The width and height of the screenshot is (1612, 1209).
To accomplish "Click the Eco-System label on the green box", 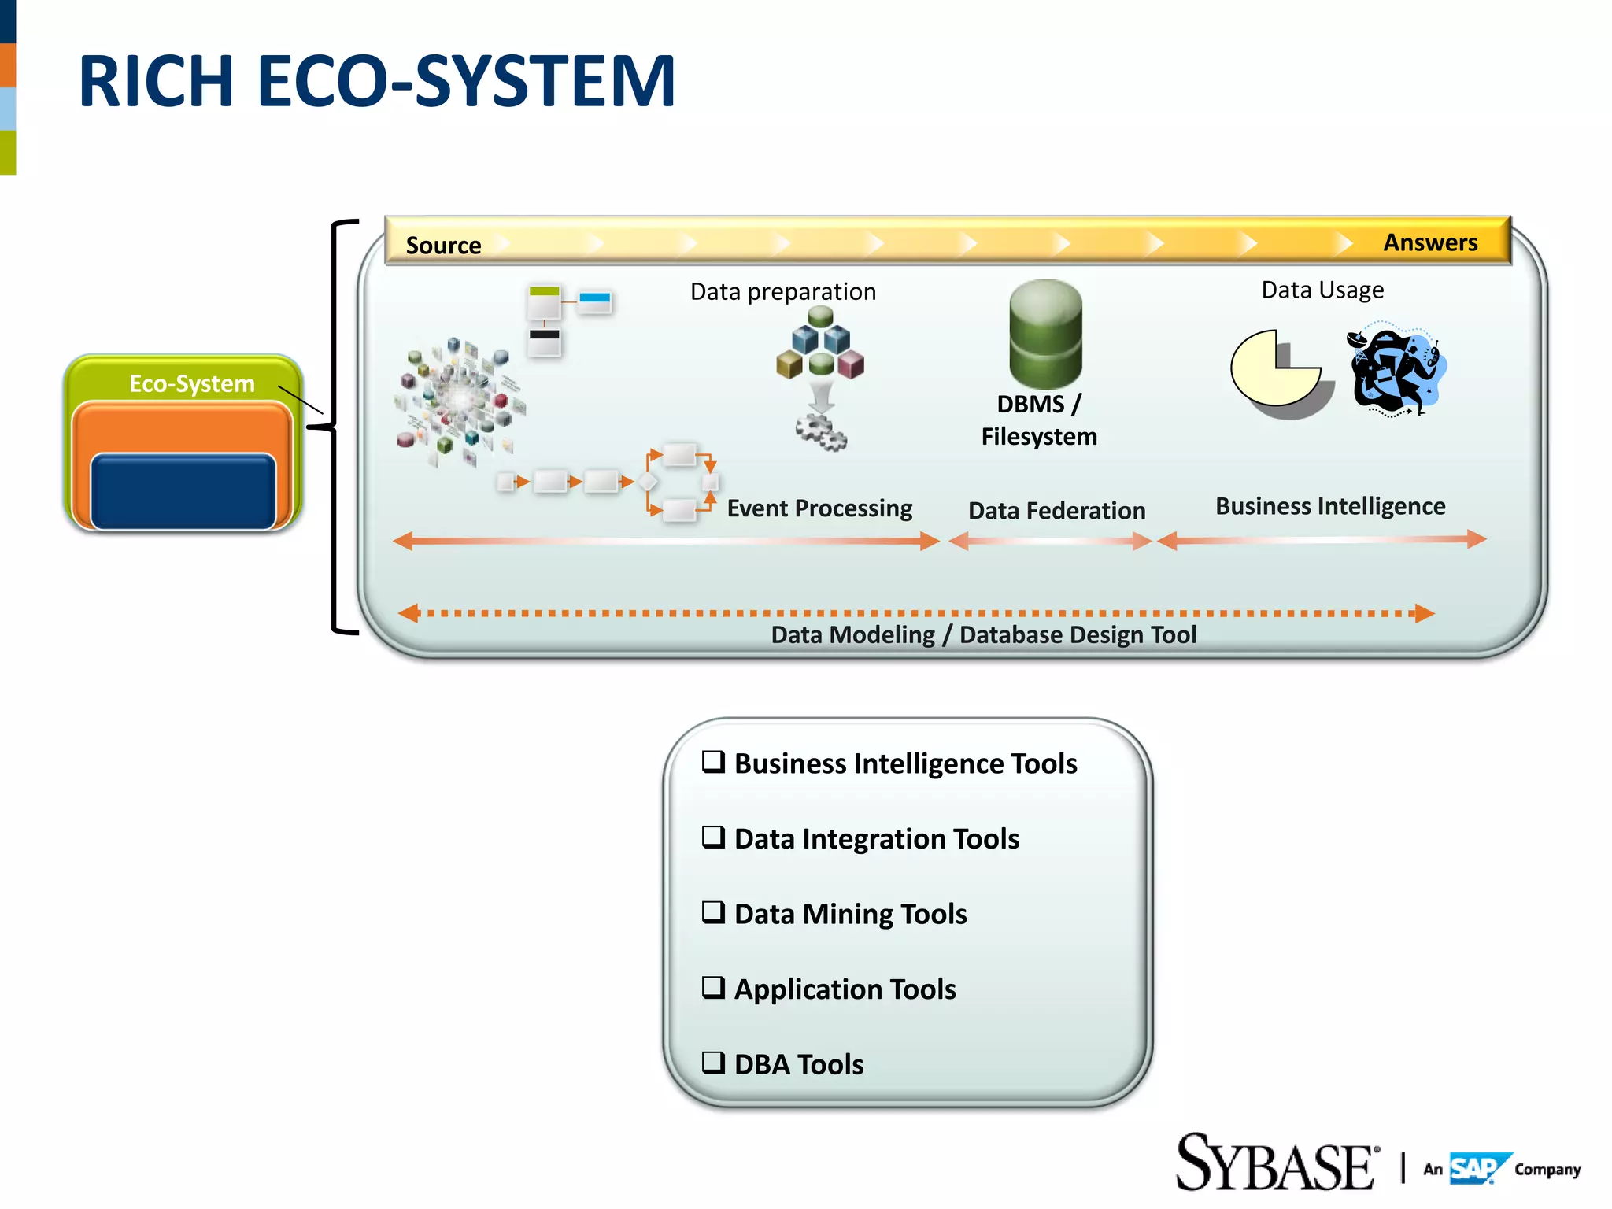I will pos(191,383).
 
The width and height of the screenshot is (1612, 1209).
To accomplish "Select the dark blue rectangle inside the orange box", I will pos(183,491).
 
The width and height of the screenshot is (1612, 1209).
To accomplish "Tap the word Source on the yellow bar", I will pos(443,246).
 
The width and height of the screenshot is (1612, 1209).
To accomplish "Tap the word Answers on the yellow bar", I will pos(1430,242).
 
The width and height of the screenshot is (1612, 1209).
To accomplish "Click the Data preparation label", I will pos(782,292).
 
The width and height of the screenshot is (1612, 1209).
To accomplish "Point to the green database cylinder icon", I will pos(1045,334).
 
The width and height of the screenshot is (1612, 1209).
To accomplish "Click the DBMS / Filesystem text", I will pos(1039,420).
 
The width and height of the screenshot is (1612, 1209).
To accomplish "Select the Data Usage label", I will pos(1322,290).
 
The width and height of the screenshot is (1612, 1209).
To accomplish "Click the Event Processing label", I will pos(819,508).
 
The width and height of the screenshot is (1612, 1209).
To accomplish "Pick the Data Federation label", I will pos(1056,511).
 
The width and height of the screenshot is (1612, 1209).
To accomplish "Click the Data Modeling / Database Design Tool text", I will pos(983,634).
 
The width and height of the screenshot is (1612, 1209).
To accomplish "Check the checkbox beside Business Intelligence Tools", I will pos(713,762).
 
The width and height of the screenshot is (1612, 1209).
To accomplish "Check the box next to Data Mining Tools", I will pos(713,912).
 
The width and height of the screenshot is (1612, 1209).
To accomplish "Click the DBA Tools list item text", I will pos(798,1064).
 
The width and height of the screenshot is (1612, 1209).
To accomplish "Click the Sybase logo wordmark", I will pos(1276,1163).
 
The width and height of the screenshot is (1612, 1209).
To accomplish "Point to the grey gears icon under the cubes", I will pos(821,432).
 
